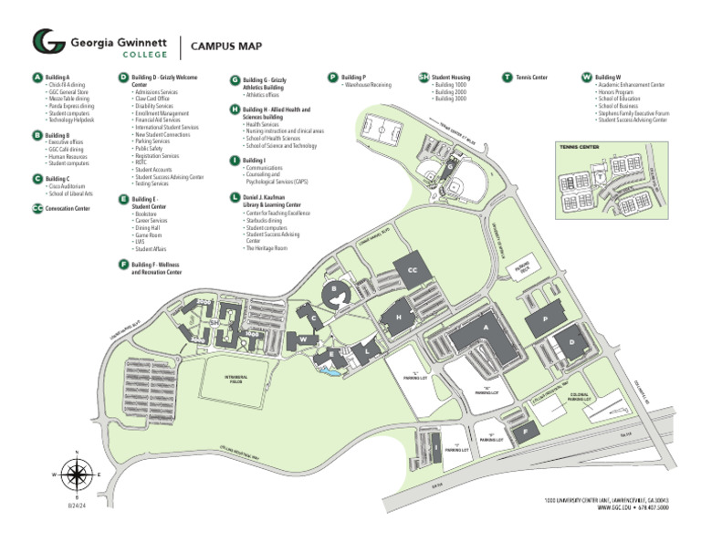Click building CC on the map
tap(412, 270)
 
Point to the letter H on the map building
tap(399, 317)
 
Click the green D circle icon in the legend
tap(123, 78)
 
